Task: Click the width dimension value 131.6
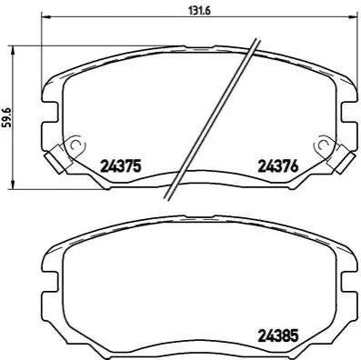coord(200,11)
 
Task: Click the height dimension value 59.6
coord(7,117)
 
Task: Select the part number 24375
coord(121,166)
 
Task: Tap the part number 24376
coord(278,166)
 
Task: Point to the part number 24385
coord(278,335)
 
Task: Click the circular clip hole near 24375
coord(75,145)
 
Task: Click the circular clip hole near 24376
coord(324,145)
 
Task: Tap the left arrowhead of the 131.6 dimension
coord(45,16)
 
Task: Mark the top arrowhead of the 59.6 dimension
coord(13,50)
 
